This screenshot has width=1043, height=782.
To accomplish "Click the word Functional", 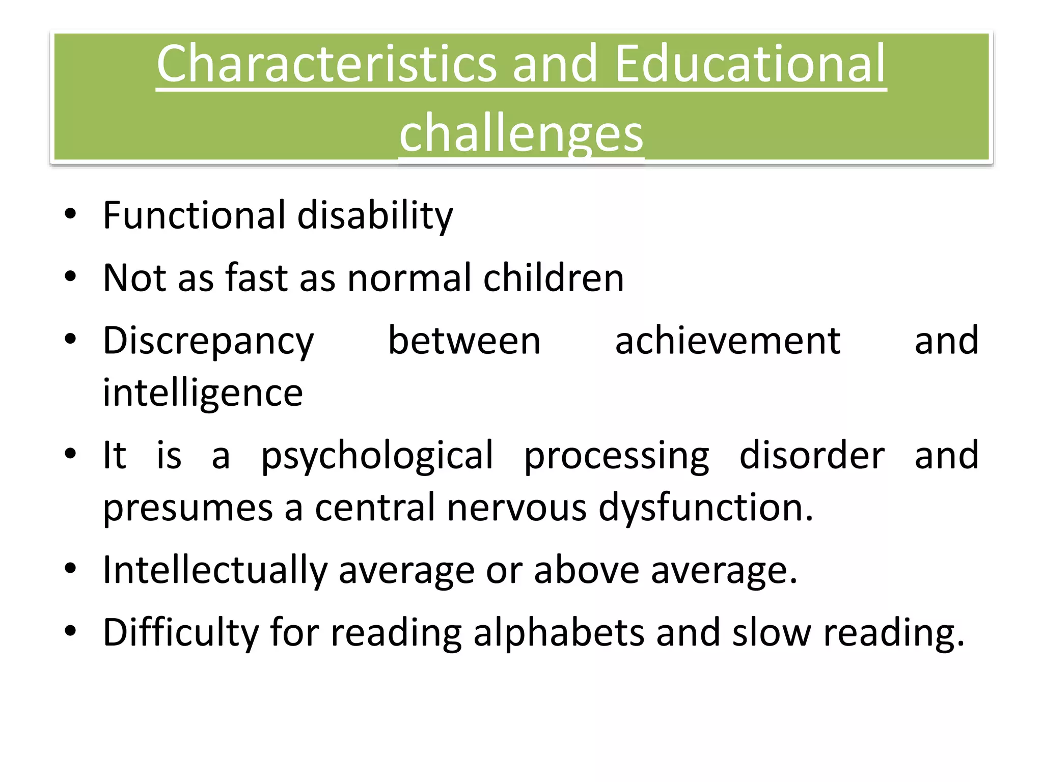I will point(194,215).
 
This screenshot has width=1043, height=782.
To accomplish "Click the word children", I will point(553,278).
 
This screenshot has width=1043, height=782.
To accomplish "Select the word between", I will point(464,341).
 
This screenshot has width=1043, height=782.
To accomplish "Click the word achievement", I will point(728,341).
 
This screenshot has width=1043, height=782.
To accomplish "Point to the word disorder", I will point(812,455).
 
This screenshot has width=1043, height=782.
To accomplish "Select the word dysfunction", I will point(705,509).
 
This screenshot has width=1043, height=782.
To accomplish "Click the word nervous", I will point(516,508).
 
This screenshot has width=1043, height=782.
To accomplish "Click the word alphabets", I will point(559,633).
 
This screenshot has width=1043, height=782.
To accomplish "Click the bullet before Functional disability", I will point(70,214).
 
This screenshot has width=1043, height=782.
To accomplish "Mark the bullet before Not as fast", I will point(70,276).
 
